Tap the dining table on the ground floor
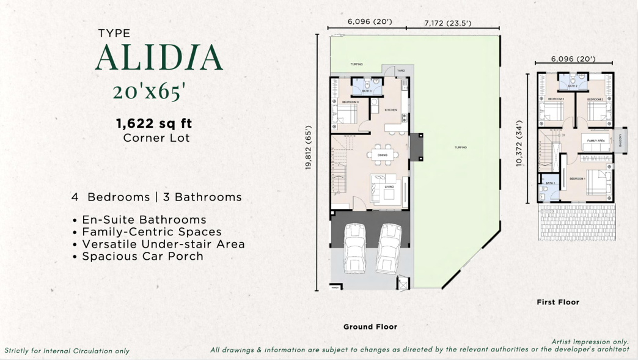tap(383, 155)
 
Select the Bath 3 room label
tap(367, 91)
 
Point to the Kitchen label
tap(391, 110)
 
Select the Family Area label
tap(596, 141)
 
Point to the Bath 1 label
tap(549, 183)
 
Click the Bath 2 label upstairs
tap(573, 86)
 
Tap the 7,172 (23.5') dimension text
tap(448, 23)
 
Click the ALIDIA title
tap(159, 57)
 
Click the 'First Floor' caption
tap(557, 302)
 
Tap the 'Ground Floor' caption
tap(370, 327)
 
